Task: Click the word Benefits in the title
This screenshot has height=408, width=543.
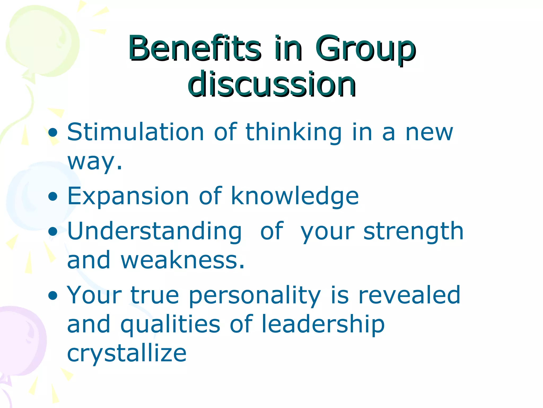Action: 195,48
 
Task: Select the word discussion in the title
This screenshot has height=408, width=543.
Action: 272,84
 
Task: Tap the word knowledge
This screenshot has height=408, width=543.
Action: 295,197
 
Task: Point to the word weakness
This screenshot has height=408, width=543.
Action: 182,260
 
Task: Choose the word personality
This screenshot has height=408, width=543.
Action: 255,296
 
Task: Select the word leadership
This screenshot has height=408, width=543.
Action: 323,325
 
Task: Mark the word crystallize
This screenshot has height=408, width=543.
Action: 127,354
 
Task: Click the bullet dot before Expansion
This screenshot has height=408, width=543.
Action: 53,197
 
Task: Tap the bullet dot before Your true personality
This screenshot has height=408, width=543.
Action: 53,295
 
